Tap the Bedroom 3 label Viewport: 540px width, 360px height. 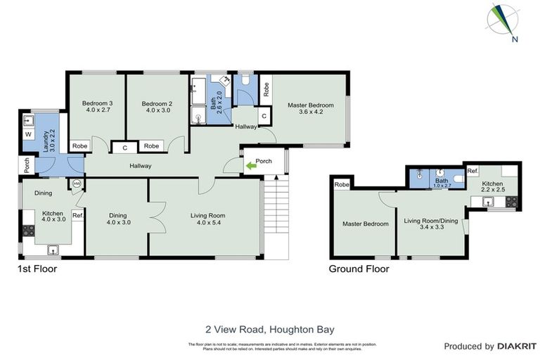tap(97, 105)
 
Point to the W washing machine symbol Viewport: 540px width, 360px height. tap(29, 134)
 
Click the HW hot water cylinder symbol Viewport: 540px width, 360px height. tap(76, 184)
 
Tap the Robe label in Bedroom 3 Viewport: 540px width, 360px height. tap(79, 146)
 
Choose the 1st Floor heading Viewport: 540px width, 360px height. tap(37, 269)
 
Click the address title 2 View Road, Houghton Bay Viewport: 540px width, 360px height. tap(269, 328)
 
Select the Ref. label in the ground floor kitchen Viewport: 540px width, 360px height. tap(472, 171)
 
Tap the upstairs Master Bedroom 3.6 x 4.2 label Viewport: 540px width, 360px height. tap(310, 109)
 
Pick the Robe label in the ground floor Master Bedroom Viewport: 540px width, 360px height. tap(342, 185)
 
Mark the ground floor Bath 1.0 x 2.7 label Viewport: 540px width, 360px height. tap(441, 184)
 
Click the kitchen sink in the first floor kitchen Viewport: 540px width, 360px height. tap(53, 249)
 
